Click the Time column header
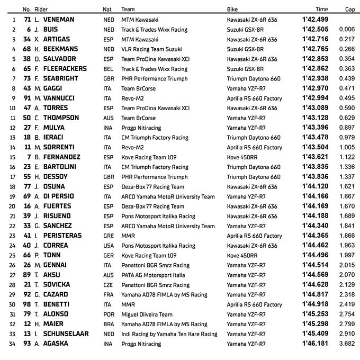click(321, 10)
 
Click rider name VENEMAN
click(59, 20)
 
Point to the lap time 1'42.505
click(315, 30)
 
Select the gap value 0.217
click(347, 39)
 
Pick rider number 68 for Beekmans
click(27, 49)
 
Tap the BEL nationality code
click(107, 69)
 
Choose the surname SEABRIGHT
click(61, 78)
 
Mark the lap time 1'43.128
click(315, 118)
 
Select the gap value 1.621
click(347, 186)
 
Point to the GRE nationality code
click(107, 236)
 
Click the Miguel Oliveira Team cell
click(147, 314)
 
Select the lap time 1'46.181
click(315, 344)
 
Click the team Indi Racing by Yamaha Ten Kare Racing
click(169, 334)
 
